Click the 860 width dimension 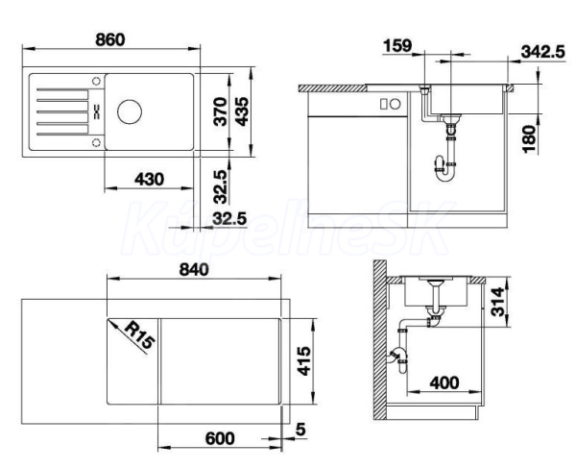tap(110, 39)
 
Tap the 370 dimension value tap(221, 111)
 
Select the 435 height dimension tap(241, 111)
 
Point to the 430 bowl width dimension tap(149, 180)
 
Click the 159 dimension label tap(397, 45)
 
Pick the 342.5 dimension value tap(542, 52)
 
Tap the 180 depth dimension tap(529, 139)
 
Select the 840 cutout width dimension tap(194, 270)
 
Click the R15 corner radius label tap(139, 334)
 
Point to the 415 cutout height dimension tap(303, 360)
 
